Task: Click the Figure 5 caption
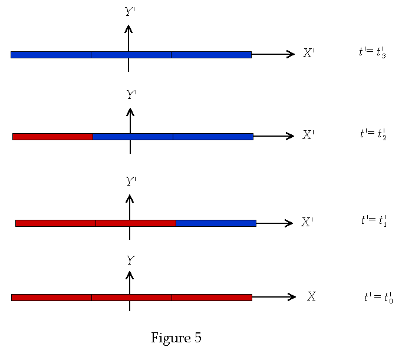[176, 338]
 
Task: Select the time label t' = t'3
[372, 52]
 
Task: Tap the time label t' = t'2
[373, 134]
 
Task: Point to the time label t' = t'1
[374, 221]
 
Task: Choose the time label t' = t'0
[378, 298]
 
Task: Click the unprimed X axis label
[311, 296]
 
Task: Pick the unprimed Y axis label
[130, 260]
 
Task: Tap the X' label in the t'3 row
[309, 53]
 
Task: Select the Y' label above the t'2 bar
[131, 94]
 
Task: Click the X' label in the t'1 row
[307, 222]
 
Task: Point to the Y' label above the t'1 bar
[131, 181]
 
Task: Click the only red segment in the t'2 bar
[52, 137]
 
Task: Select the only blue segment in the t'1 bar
[216, 223]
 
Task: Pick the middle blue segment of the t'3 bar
[131, 55]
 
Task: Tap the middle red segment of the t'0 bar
[131, 298]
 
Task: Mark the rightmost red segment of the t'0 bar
[212, 298]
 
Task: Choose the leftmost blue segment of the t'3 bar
[51, 55]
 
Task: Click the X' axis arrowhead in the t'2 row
[290, 136]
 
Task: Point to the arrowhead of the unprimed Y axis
[130, 275]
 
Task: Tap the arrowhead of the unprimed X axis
[292, 297]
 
